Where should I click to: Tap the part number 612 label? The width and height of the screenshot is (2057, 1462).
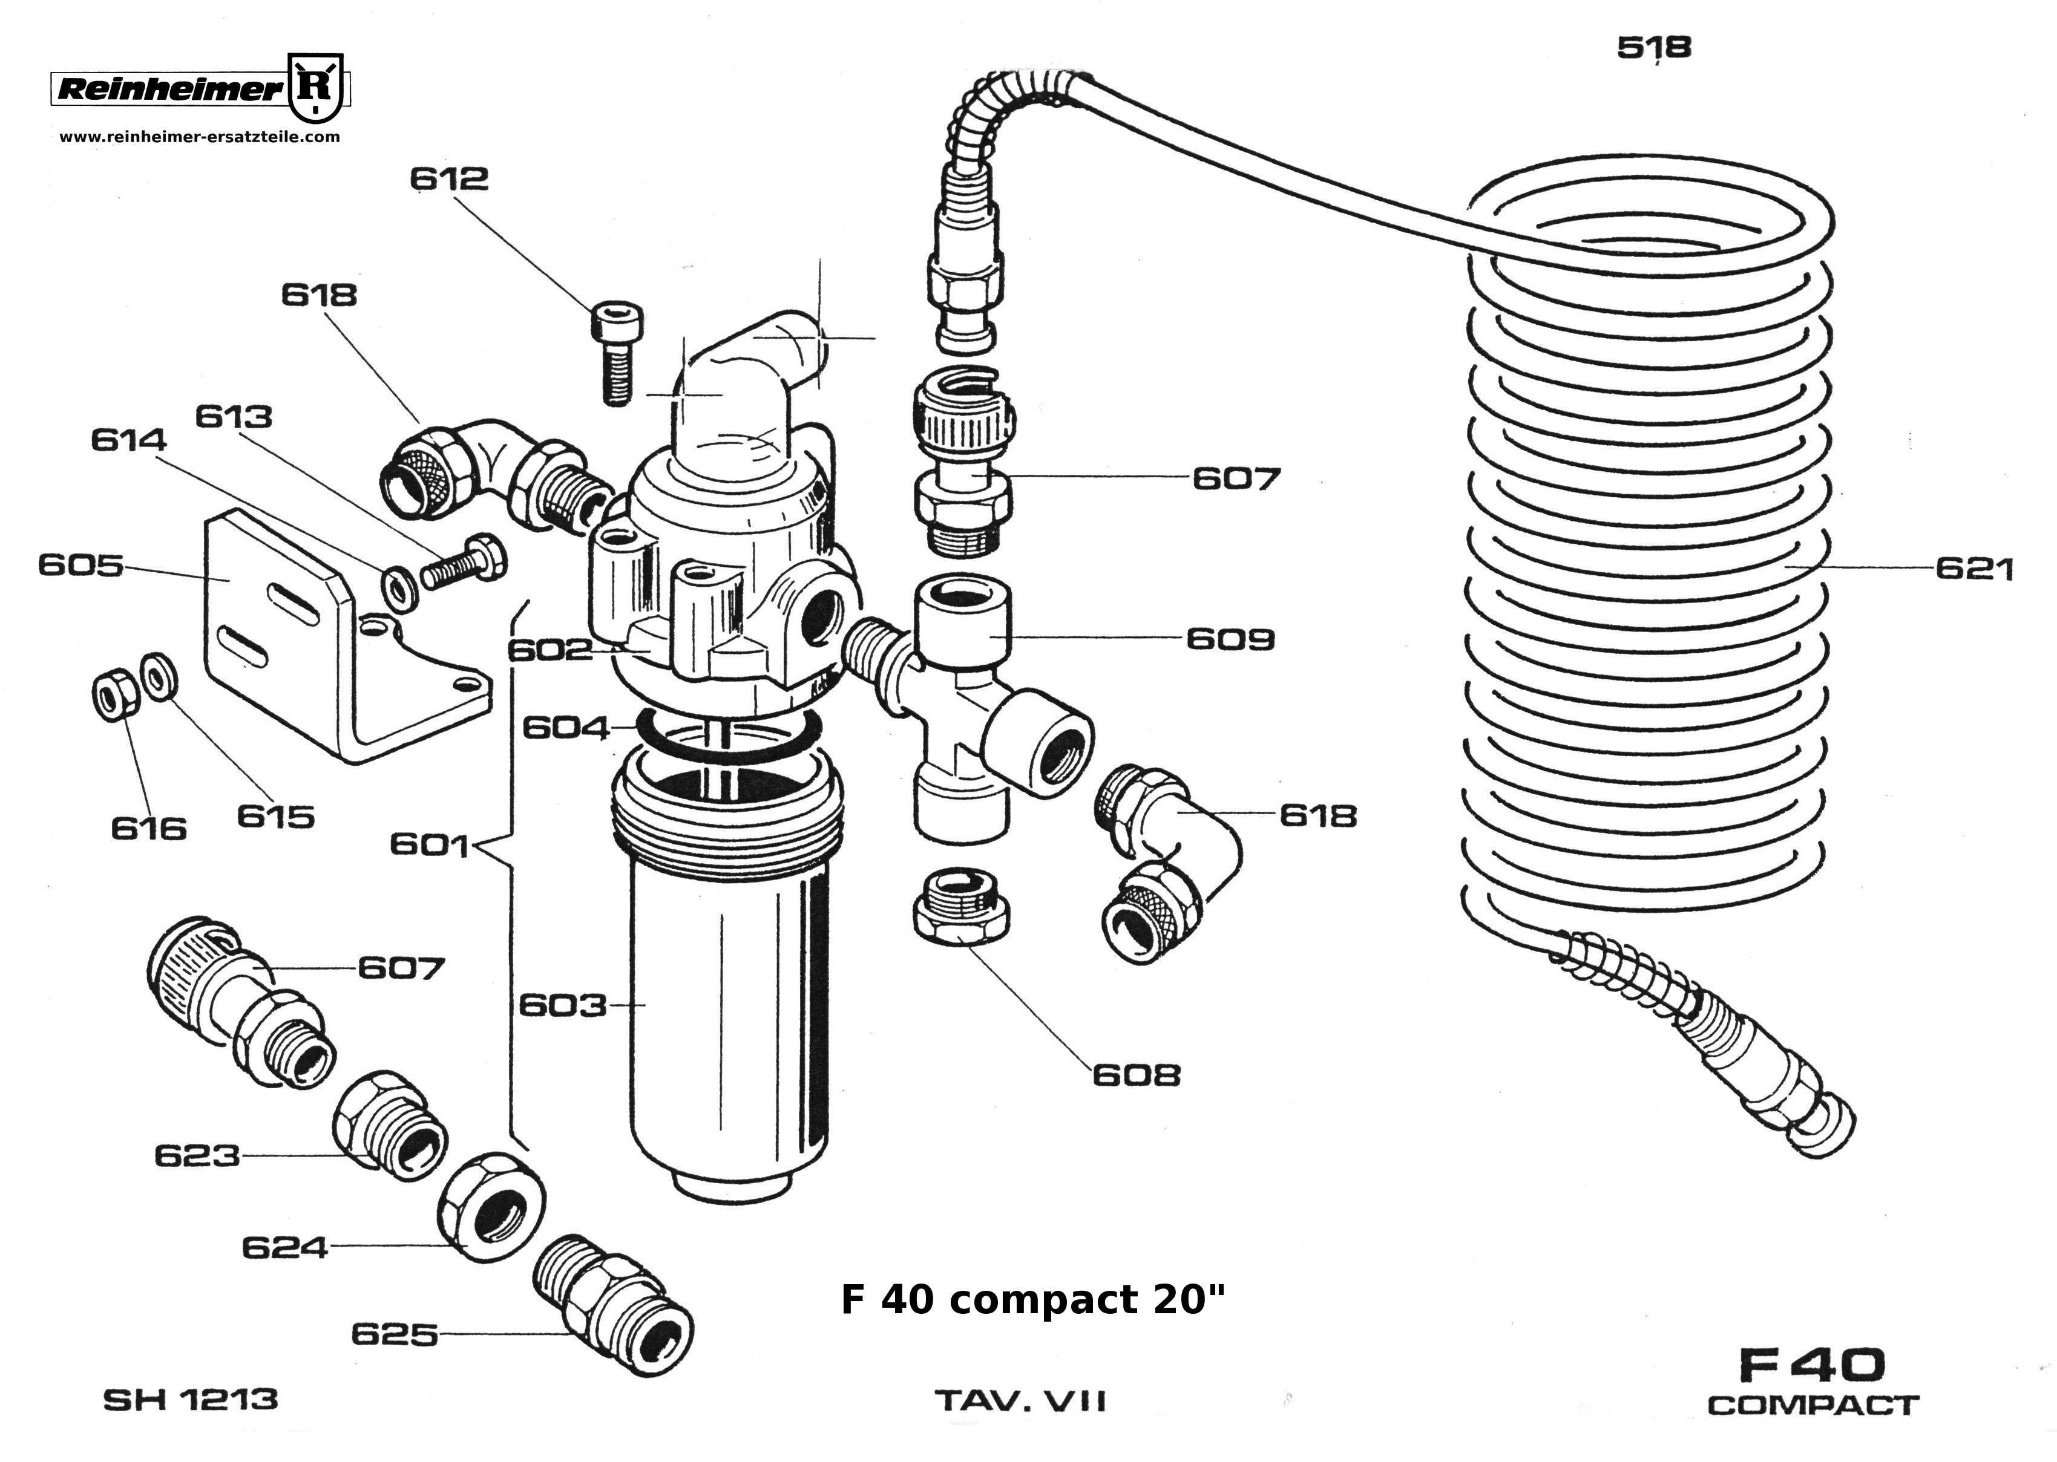pyautogui.click(x=448, y=178)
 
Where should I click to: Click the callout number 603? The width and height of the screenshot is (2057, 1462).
pyautogui.click(x=563, y=1005)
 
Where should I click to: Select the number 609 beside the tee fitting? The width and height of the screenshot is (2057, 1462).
pyautogui.click(x=1230, y=639)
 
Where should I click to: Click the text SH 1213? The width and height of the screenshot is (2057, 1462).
pyautogui.click(x=191, y=1400)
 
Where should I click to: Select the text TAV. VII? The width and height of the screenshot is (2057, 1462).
pyautogui.click(x=1020, y=1402)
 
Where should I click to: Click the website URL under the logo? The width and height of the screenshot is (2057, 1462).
pyautogui.click(x=200, y=137)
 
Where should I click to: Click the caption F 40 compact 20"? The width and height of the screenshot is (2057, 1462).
pyautogui.click(x=1033, y=1300)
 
